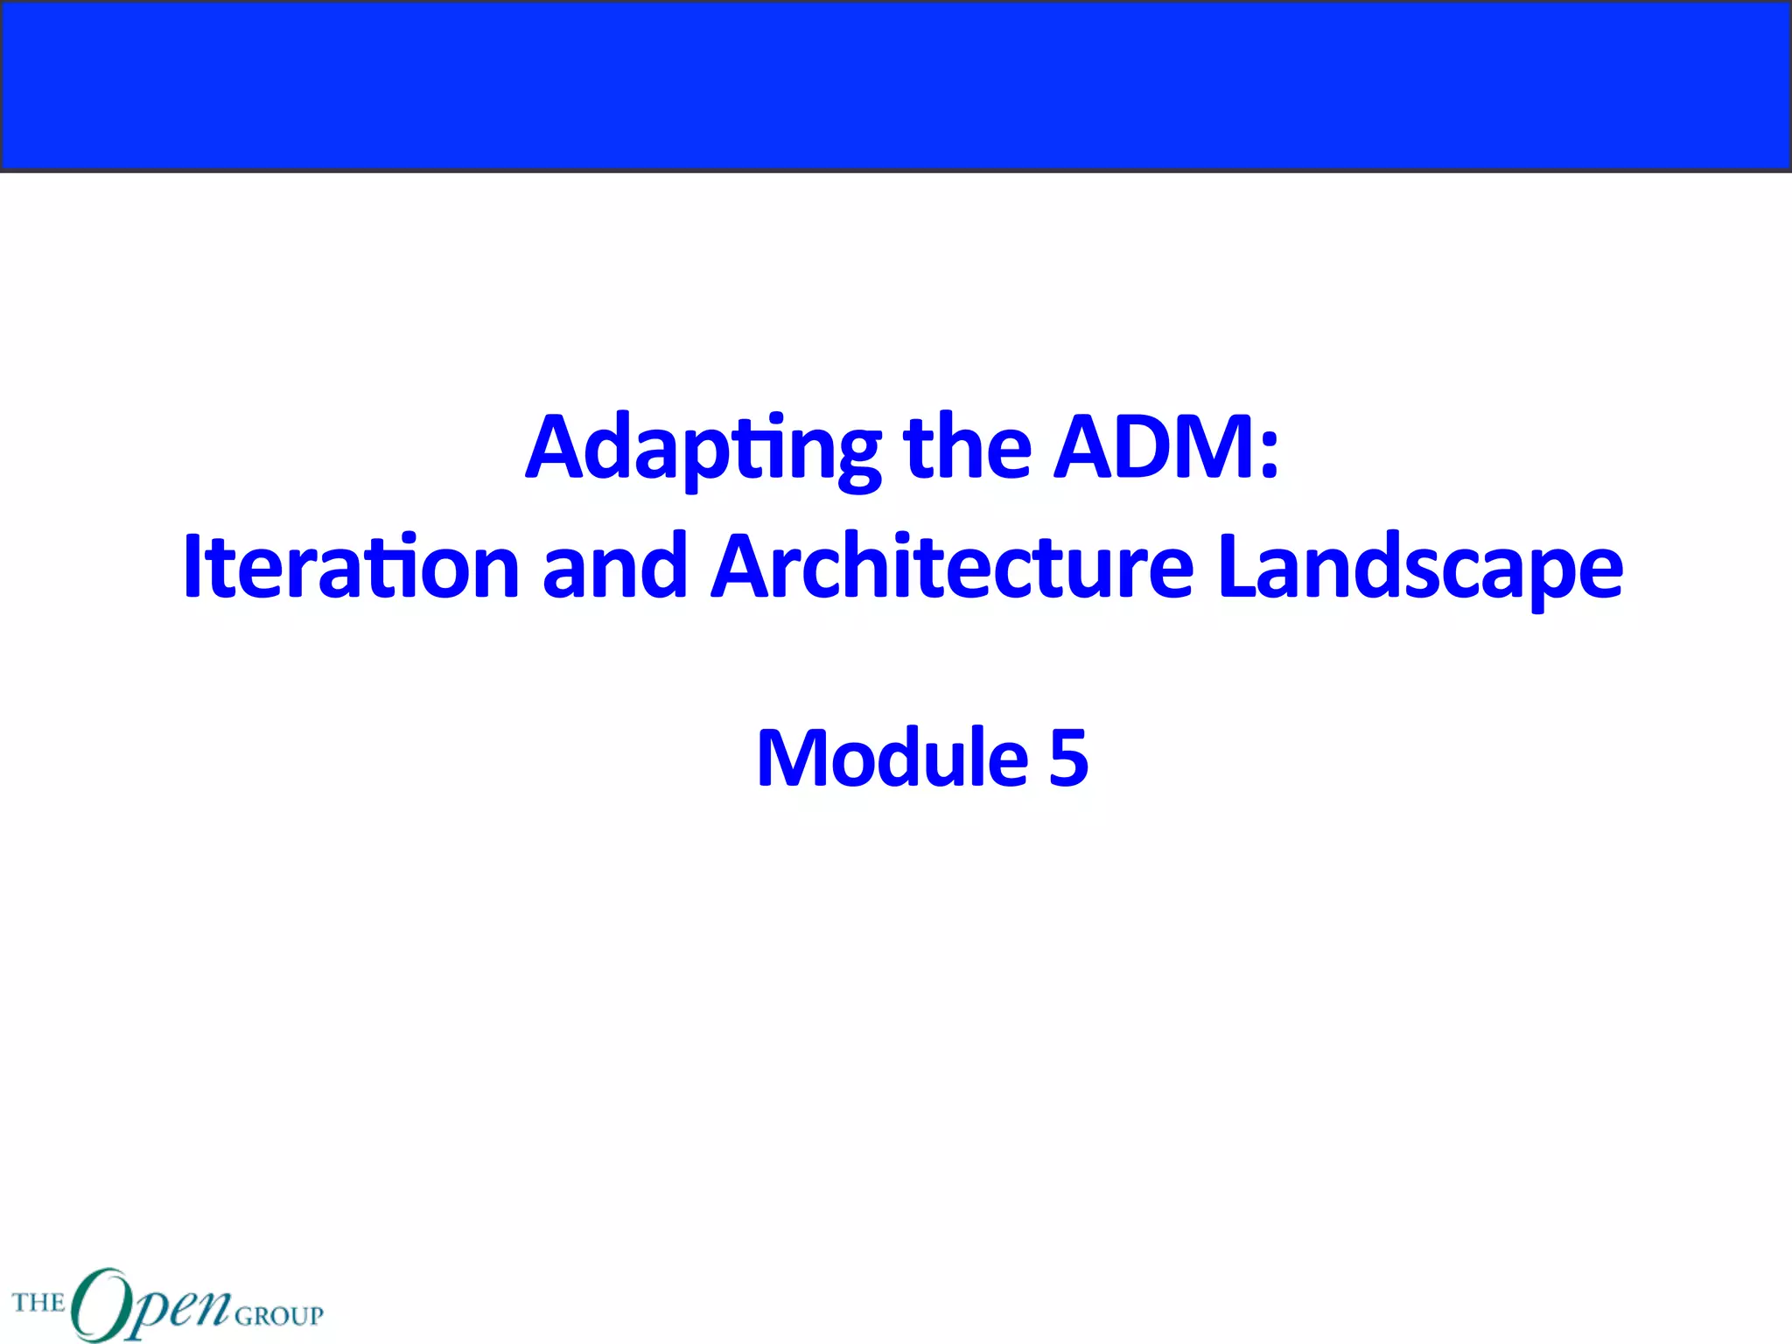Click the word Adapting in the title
point(703,449)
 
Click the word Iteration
point(351,568)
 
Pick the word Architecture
point(952,568)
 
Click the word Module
point(892,758)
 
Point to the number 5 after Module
point(1068,758)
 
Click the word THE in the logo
point(38,1303)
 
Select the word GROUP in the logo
point(279,1315)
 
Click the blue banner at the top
point(896,86)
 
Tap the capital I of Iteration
point(192,568)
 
